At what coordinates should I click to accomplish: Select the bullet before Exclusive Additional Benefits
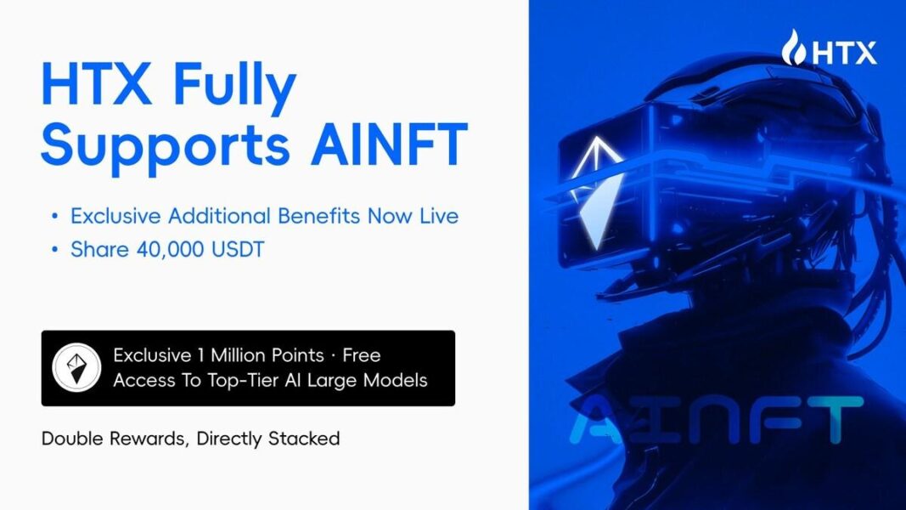coord(55,217)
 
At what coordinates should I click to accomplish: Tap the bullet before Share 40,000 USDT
coord(55,252)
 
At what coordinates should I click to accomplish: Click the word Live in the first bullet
coord(437,216)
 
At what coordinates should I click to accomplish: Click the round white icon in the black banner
coord(76,367)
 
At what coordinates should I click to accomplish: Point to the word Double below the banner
coord(73,439)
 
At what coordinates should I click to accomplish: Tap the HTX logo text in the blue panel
coord(844,53)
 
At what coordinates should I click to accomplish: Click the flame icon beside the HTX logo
coord(795,48)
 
